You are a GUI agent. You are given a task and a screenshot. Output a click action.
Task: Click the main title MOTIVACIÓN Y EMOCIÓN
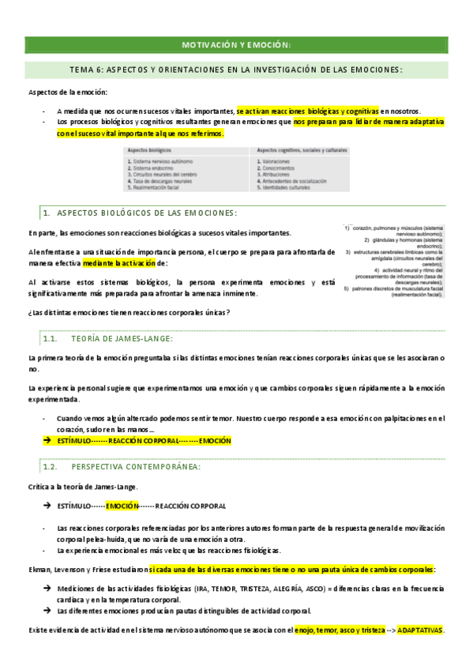237,44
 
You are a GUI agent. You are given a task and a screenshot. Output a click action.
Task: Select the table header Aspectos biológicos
148,149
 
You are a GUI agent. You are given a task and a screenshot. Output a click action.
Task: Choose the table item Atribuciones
272,175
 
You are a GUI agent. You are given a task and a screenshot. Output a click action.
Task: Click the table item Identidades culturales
283,188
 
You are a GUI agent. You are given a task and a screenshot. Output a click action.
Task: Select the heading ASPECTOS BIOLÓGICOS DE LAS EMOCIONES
147,213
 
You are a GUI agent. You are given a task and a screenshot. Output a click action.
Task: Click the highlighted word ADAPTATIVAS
419,630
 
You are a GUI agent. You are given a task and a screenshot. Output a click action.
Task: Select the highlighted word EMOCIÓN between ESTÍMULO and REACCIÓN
122,505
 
